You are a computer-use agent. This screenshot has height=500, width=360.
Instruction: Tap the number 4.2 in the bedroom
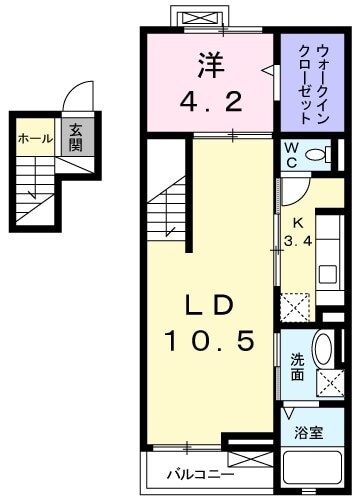click(210, 100)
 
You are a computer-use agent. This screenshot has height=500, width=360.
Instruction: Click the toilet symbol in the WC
click(319, 155)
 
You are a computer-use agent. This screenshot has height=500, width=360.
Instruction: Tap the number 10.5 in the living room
click(212, 342)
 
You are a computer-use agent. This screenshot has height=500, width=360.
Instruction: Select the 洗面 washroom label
click(296, 368)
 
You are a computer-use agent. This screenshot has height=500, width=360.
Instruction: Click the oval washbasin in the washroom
click(323, 352)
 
